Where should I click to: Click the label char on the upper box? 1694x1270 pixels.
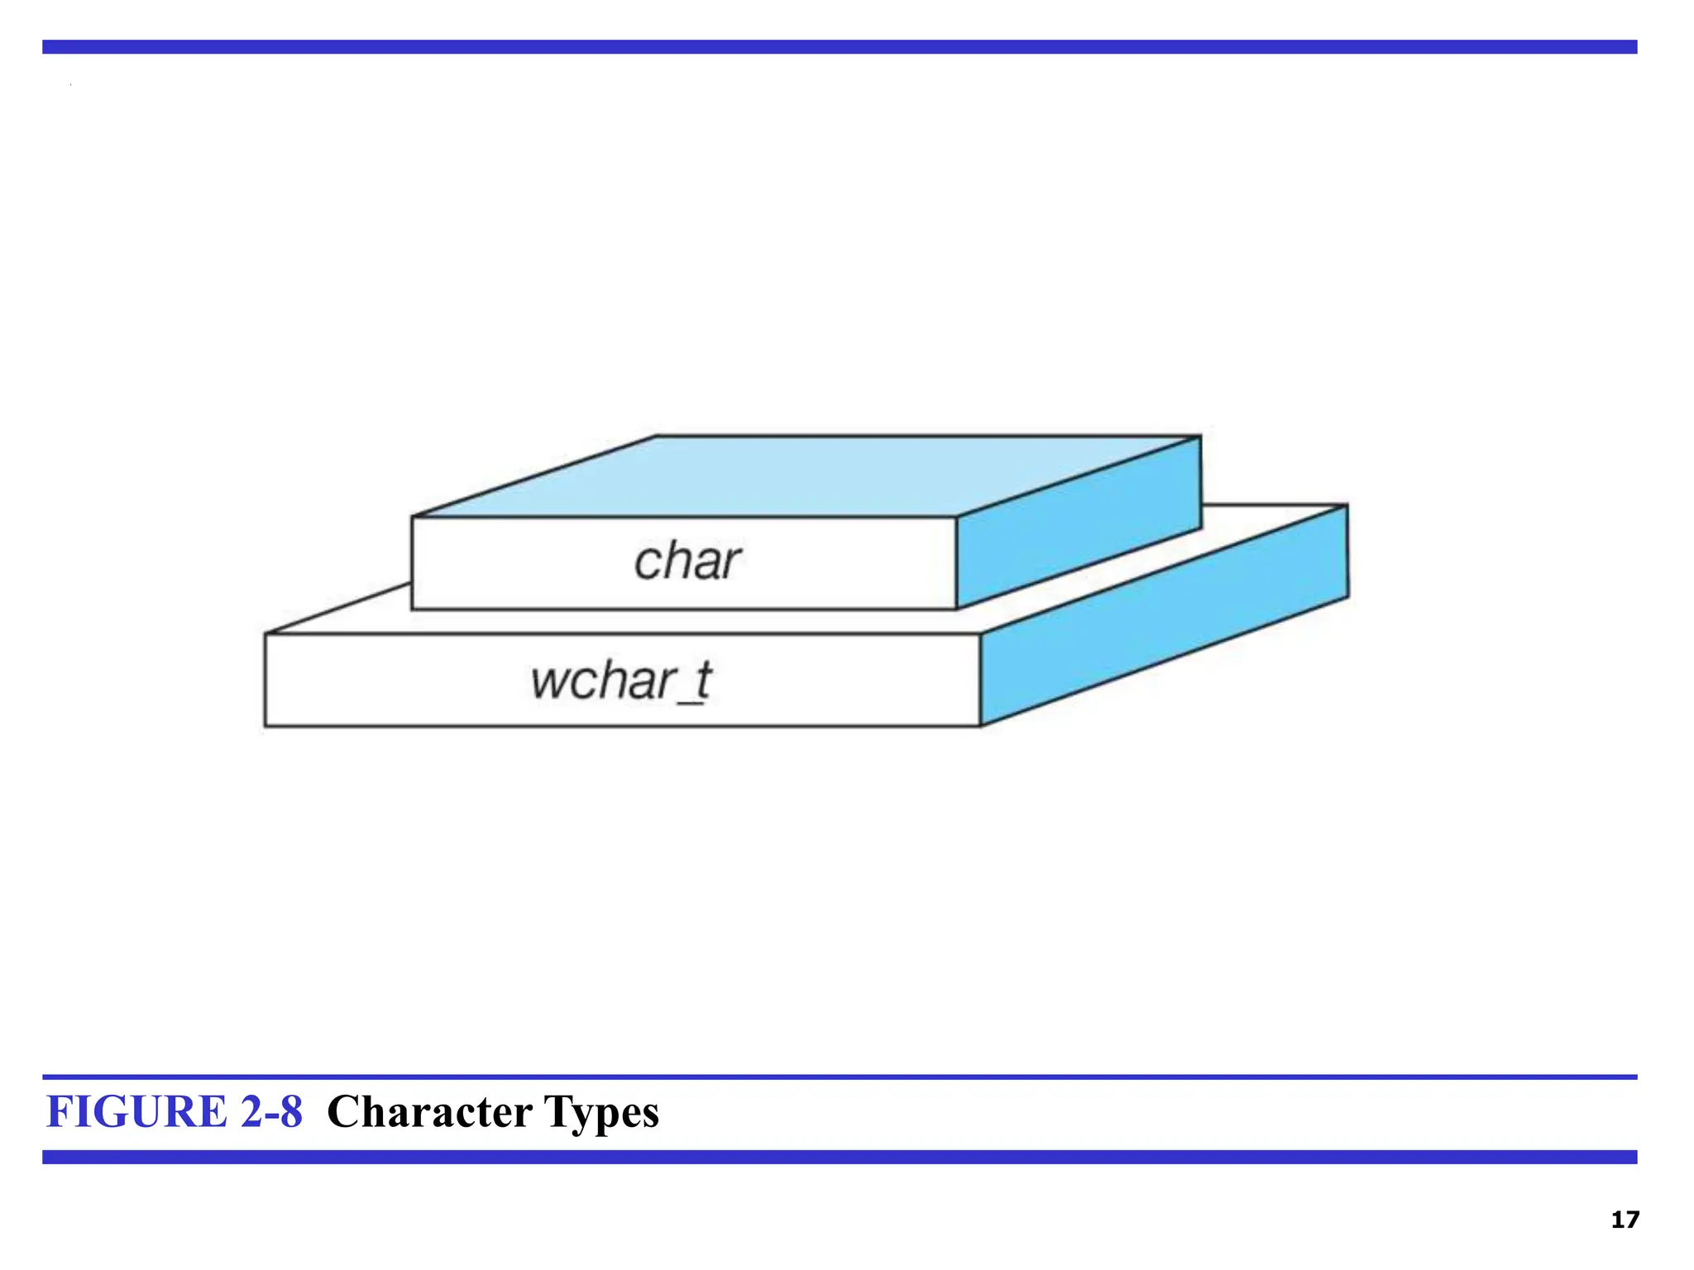click(687, 562)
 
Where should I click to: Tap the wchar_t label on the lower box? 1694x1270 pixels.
click(620, 681)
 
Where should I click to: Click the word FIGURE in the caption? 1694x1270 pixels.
click(136, 1111)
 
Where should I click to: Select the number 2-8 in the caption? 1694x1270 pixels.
click(271, 1111)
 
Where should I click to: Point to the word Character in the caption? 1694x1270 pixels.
click(429, 1111)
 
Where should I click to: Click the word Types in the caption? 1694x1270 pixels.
click(601, 1113)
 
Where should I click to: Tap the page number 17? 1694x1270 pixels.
click(1625, 1220)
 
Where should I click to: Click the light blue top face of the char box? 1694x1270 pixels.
click(806, 475)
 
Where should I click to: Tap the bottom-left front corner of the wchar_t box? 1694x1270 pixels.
click(266, 726)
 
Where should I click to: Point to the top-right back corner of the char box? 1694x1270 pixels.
click(1200, 437)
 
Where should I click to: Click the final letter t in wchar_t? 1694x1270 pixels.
click(702, 680)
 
